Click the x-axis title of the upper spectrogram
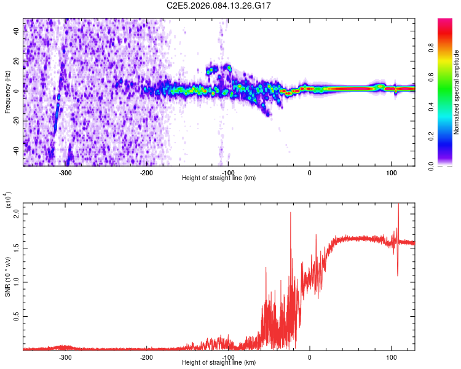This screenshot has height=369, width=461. (x=219, y=178)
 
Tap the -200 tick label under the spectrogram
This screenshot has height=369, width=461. (x=146, y=172)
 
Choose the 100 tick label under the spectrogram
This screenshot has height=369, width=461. (x=391, y=172)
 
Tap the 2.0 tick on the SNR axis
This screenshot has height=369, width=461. (x=17, y=214)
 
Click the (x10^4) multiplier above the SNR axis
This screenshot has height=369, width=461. (x=9, y=201)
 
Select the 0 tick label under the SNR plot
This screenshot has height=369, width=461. (x=310, y=357)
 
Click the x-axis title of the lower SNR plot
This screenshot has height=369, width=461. (x=219, y=363)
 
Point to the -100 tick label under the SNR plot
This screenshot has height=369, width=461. (x=228, y=357)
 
